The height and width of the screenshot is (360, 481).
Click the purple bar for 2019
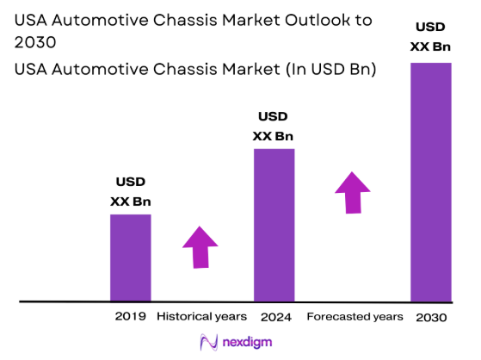(130, 258)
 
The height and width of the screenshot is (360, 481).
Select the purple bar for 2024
(274, 225)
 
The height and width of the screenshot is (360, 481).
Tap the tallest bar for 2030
(430, 182)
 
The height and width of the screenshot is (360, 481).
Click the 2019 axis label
(130, 317)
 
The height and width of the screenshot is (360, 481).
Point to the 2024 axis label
(274, 317)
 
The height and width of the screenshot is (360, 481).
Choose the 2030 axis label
(431, 317)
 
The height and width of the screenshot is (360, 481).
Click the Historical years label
(201, 317)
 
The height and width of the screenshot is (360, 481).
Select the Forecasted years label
(355, 317)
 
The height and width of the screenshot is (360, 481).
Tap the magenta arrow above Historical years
(200, 247)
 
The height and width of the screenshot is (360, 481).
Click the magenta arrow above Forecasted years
(352, 192)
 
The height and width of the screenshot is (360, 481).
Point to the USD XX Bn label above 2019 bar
(130, 191)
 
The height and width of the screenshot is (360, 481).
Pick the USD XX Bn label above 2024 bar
(274, 126)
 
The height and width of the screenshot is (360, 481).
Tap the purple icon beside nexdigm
(207, 342)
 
